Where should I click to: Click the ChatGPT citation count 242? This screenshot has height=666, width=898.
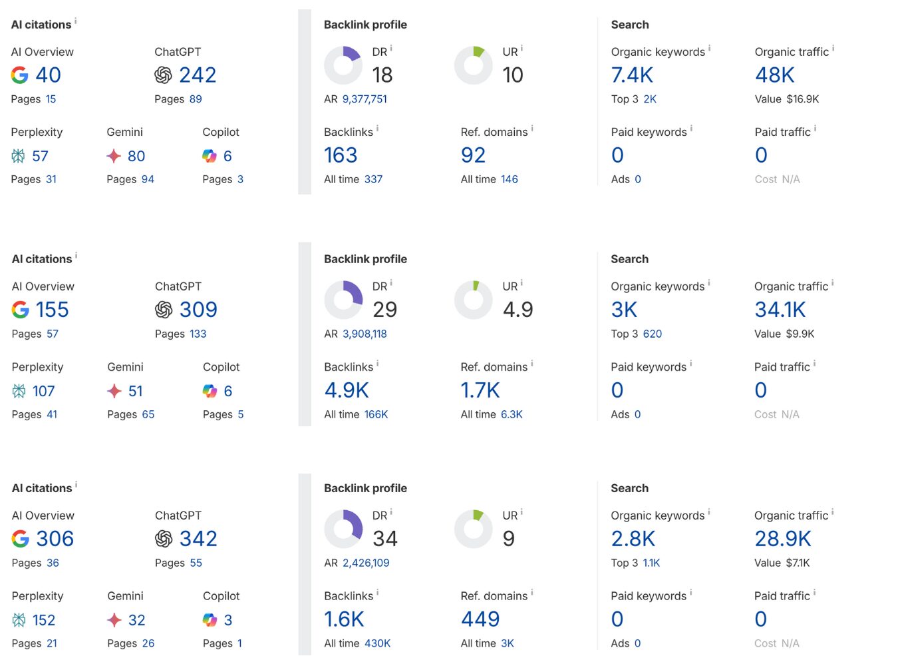[198, 75]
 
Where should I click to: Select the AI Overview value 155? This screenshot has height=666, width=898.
[52, 310]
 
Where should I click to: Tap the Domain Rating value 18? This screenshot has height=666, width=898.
[382, 75]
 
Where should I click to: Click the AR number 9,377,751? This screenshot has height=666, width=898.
[365, 99]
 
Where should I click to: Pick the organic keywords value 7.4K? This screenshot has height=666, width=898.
[632, 75]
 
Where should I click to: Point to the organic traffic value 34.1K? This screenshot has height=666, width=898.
[780, 310]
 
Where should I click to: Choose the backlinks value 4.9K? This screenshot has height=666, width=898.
[346, 390]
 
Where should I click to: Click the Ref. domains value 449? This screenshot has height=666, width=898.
[480, 619]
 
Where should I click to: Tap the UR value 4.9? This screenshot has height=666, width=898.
[518, 310]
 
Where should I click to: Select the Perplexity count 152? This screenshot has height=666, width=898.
[43, 621]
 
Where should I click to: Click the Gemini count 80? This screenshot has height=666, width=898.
[136, 157]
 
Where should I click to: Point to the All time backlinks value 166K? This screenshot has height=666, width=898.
[376, 414]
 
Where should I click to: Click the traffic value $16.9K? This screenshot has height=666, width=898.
[802, 99]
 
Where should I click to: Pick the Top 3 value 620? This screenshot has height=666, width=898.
[652, 334]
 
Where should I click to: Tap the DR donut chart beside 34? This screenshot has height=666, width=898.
[343, 529]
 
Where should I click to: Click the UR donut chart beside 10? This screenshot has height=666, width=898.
[473, 65]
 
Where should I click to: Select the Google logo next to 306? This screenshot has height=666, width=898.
[21, 539]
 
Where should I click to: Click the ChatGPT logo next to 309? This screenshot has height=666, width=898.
[164, 310]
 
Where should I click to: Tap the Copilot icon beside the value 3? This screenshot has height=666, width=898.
[210, 621]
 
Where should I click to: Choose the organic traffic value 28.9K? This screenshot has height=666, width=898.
[782, 539]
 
